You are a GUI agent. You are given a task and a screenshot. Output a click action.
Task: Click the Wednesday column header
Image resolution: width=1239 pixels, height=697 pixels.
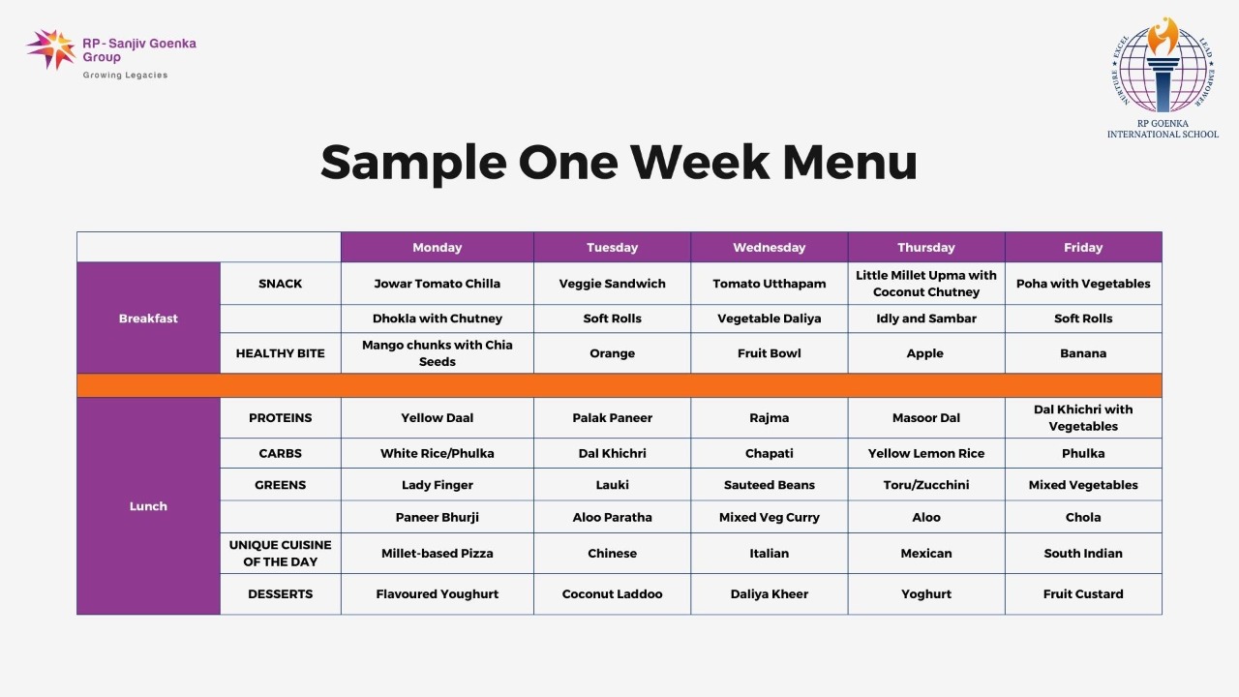coord(769,247)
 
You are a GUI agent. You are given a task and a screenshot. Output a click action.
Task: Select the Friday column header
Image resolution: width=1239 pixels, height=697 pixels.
coord(1083,247)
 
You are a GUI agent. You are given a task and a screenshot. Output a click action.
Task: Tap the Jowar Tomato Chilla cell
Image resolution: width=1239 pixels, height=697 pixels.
coord(437,284)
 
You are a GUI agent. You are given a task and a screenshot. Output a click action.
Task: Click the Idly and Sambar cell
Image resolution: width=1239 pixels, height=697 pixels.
coord(926,318)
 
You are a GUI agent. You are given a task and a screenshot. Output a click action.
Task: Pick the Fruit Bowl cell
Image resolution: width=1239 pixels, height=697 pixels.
coord(769,353)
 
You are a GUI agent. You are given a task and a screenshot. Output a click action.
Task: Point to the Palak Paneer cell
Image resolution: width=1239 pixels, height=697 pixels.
coord(612,417)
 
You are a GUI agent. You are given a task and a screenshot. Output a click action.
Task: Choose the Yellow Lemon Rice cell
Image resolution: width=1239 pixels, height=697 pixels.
coord(926,453)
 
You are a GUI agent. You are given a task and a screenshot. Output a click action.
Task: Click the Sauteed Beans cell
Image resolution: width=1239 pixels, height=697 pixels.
coord(769,485)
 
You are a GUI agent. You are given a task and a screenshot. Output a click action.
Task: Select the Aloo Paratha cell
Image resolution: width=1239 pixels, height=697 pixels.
coord(612,517)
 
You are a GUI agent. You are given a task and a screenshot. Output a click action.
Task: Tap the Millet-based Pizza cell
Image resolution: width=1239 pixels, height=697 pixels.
coord(437,553)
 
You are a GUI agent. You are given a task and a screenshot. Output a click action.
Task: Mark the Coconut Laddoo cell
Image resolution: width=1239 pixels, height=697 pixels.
coord(612,594)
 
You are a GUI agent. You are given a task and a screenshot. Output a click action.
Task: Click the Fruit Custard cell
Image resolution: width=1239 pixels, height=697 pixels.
coord(1083,594)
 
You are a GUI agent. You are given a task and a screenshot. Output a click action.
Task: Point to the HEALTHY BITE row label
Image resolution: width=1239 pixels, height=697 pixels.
coord(281,353)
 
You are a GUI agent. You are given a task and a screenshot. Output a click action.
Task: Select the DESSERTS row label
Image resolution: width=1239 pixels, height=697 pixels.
coord(281,594)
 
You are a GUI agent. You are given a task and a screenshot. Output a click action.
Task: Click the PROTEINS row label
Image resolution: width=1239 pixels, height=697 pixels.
coord(281,417)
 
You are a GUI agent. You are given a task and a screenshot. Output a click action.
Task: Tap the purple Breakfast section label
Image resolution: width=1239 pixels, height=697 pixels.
coord(148,318)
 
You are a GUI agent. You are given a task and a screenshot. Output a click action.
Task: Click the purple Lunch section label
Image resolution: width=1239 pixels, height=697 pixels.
coord(148,506)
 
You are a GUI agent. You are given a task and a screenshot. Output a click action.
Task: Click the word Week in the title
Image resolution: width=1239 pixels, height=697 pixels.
coord(700,163)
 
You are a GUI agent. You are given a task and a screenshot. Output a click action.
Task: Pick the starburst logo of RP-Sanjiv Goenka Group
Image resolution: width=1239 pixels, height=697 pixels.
coord(51,49)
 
